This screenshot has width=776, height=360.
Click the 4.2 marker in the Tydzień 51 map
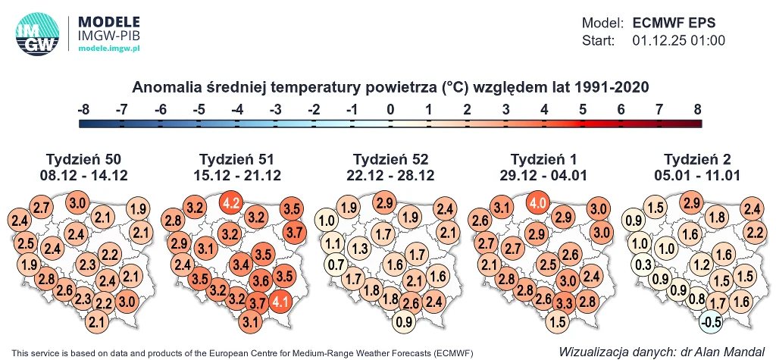point(232,203)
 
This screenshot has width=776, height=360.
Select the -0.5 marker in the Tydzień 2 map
point(711,321)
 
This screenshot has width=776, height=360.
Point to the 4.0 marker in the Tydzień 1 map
point(538,203)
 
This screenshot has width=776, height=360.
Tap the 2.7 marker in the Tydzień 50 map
point(42,208)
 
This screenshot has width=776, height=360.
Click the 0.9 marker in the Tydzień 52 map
point(405,321)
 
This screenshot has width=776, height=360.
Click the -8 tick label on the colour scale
point(83,110)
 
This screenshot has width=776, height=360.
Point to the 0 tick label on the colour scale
point(390,110)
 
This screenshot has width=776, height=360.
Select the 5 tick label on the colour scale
point(582,110)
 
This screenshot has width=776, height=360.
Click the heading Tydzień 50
point(83,159)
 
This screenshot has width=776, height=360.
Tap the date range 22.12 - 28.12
point(390,176)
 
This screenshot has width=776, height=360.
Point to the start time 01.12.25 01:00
point(678,40)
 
